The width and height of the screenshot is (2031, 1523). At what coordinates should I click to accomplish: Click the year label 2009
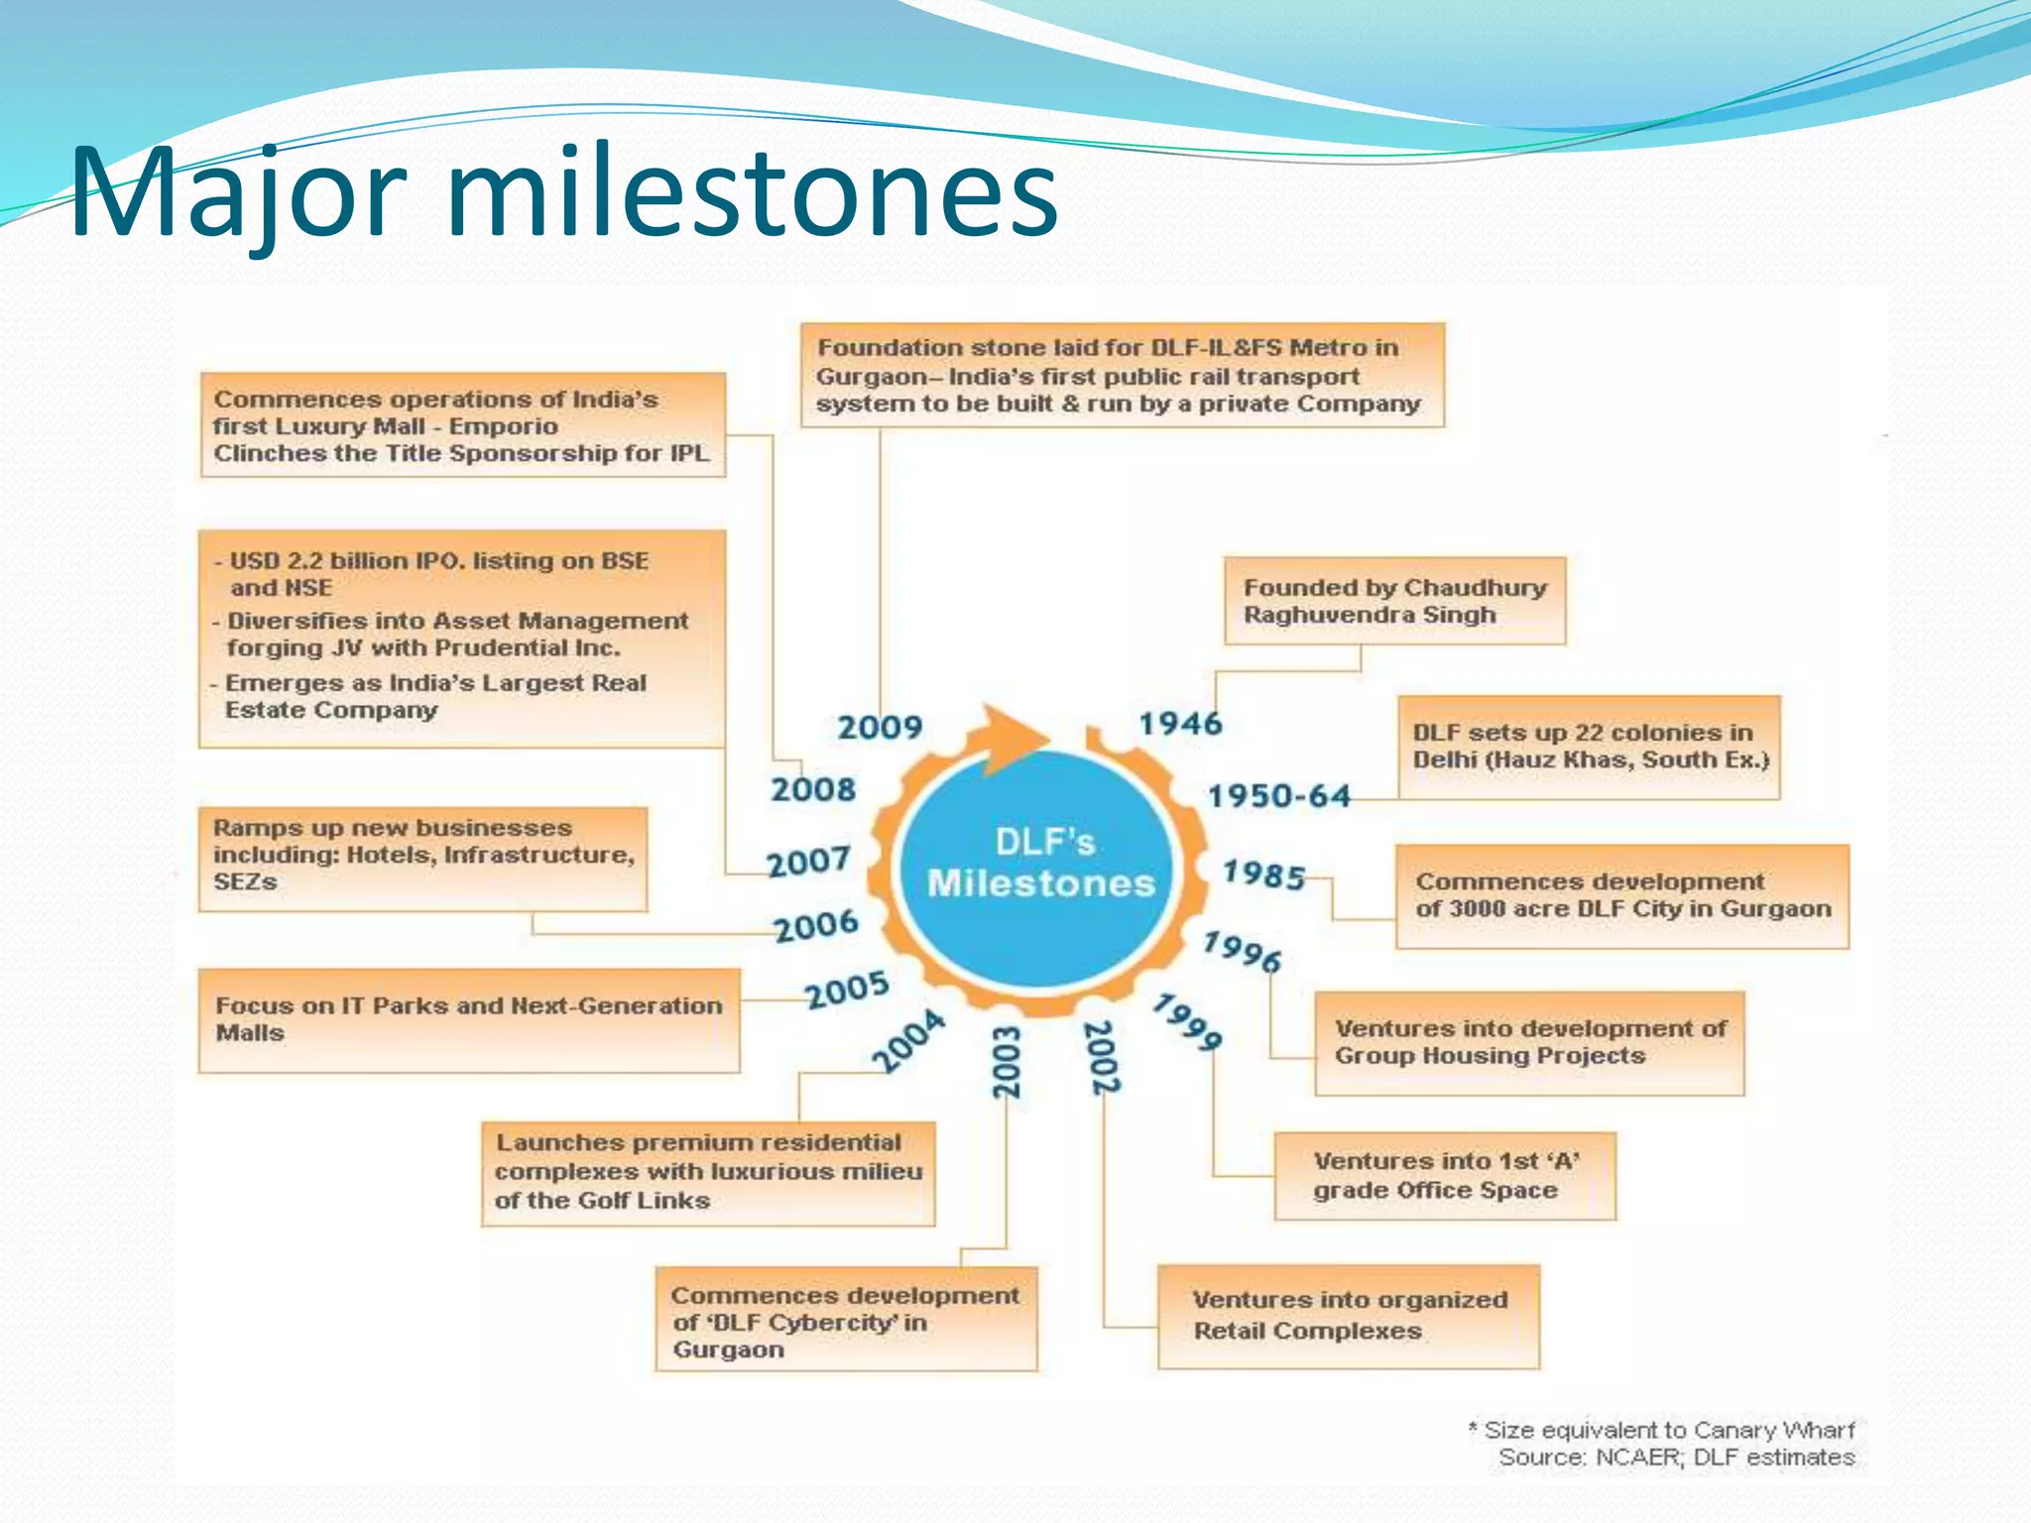point(880,727)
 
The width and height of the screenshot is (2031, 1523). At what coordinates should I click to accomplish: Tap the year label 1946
point(1180,724)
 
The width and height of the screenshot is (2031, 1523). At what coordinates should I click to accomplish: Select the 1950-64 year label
point(1278,796)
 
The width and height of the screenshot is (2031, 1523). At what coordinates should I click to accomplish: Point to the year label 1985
point(1263,875)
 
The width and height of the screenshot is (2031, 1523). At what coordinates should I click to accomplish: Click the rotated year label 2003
point(1007,1062)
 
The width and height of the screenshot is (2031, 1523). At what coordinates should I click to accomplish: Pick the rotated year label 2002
point(1103,1058)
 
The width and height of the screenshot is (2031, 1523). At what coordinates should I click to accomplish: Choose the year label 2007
point(808,862)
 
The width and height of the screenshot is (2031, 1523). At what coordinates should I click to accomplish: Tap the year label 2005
point(846,990)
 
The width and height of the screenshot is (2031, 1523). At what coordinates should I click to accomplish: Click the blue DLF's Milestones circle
point(1039,868)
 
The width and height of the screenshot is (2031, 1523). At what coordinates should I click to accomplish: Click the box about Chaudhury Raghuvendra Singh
point(1394,601)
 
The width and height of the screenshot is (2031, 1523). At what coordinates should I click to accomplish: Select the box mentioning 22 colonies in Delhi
point(1589,747)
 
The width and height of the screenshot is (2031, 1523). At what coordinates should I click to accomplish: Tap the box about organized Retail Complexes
point(1349,1316)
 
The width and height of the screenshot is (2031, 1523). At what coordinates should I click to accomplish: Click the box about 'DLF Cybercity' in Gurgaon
point(846,1320)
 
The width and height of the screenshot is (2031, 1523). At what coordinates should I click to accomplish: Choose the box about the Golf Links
point(708,1173)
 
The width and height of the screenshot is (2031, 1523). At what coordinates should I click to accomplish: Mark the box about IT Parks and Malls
point(468,1020)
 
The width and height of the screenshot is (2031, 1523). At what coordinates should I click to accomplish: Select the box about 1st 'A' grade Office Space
point(1444,1176)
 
